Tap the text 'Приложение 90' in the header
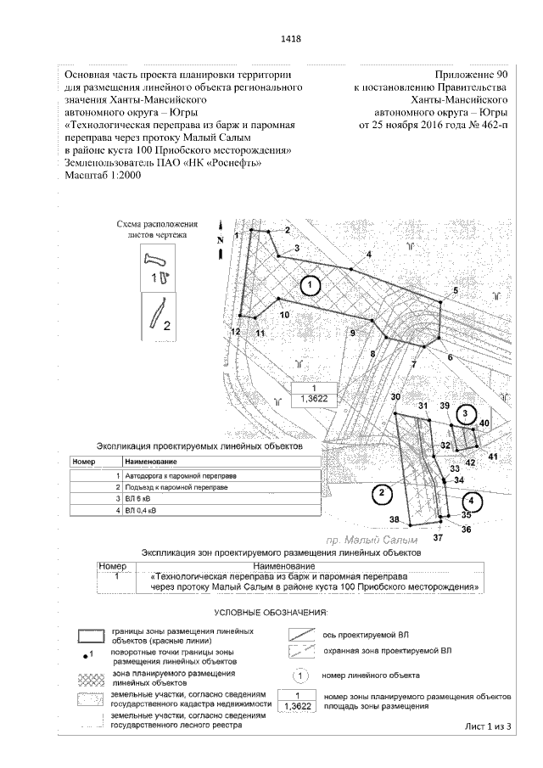point(471,76)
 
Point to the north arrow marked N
point(219,240)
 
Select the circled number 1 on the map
point(311,285)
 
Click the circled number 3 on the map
point(465,413)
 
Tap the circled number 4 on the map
point(474,501)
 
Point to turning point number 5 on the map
point(455,292)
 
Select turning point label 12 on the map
point(235,331)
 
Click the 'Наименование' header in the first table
point(150,462)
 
